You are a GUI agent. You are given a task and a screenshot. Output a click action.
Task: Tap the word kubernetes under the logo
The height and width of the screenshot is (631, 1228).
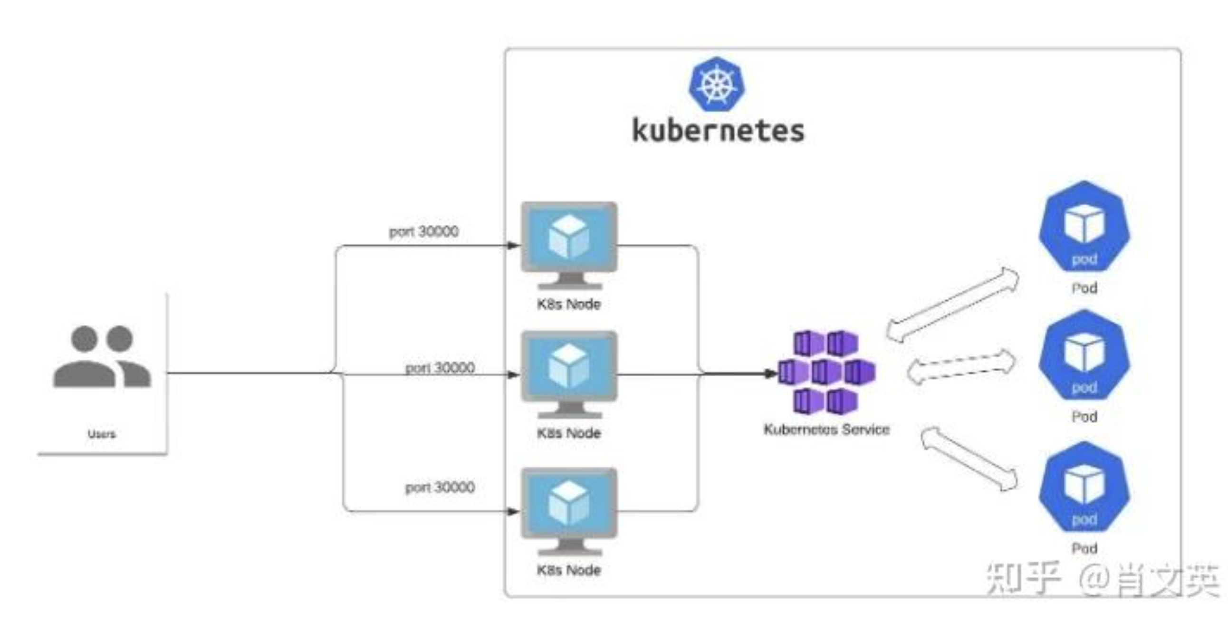718,131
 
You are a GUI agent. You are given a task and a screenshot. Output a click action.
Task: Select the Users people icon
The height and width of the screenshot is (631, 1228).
102,356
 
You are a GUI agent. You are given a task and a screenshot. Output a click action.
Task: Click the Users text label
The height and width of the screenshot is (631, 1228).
102,434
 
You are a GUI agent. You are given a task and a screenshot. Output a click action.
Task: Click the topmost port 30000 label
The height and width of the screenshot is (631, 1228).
424,231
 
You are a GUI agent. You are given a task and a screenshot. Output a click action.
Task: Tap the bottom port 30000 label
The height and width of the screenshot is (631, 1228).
440,488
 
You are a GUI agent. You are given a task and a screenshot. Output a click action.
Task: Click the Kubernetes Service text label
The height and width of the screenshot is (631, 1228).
826,430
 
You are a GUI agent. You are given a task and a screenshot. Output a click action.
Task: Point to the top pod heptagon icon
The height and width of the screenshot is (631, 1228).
1084,227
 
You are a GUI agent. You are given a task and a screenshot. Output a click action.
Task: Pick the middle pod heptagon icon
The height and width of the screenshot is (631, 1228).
1084,356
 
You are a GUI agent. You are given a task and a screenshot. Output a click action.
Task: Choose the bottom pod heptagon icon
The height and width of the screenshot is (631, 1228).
1084,487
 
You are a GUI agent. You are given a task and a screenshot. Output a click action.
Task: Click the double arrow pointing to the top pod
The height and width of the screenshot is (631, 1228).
952,305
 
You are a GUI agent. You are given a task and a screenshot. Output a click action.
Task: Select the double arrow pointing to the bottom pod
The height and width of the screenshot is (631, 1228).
969,459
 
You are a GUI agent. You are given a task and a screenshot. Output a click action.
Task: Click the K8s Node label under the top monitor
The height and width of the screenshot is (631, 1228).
569,304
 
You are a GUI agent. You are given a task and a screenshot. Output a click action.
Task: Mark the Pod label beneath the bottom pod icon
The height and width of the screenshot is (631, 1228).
1084,548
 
